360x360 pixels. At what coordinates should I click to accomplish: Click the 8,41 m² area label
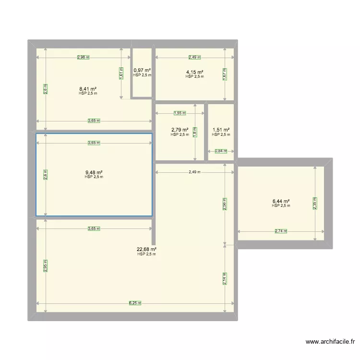click(88, 89)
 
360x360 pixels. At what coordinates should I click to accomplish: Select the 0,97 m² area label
click(142, 71)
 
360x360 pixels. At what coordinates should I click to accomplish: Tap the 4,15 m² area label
click(194, 72)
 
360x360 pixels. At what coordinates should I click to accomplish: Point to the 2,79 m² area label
click(180, 130)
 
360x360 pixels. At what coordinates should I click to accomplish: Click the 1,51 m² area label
click(221, 130)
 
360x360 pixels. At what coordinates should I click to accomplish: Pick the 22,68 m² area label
click(146, 249)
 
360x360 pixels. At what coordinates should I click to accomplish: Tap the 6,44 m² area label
click(281, 201)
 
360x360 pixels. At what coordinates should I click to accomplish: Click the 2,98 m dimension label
click(84, 58)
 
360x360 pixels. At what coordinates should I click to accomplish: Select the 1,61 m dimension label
click(121, 73)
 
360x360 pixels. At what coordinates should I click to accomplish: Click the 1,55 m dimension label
click(180, 113)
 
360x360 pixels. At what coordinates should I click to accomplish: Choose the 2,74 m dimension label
click(281, 231)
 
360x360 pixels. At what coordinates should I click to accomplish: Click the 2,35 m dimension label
click(315, 204)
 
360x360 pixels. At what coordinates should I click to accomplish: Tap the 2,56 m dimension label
click(224, 204)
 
